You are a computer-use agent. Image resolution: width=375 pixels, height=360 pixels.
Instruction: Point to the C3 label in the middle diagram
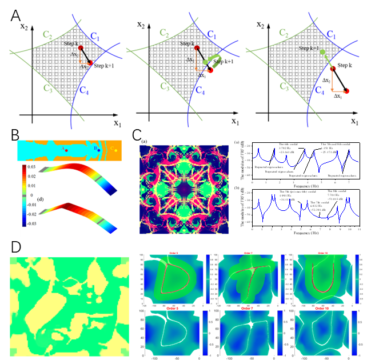165,87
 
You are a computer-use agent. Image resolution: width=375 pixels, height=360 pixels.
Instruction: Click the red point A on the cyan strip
67,150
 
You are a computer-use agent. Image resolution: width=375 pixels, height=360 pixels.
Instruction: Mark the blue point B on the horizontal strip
98,150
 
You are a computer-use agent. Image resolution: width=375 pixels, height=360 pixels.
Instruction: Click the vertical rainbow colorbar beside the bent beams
24,194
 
